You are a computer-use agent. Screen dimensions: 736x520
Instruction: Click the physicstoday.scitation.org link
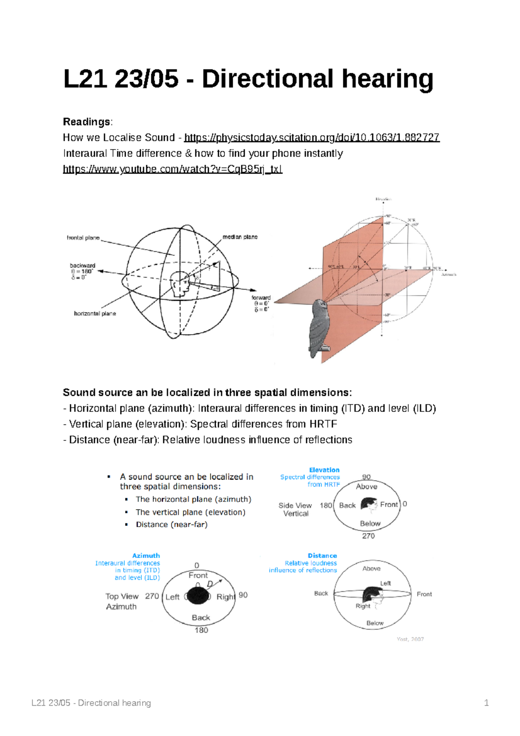coord(312,138)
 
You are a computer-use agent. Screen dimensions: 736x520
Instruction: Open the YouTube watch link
coord(172,169)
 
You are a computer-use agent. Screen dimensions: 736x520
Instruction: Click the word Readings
coord(87,122)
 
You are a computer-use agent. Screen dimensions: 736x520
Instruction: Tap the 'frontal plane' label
coord(83,238)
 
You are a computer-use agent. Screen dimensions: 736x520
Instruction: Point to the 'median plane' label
coord(240,237)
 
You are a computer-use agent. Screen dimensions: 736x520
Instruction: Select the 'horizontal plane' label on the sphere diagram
coord(95,313)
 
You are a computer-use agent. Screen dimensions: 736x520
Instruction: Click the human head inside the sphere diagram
coord(180,284)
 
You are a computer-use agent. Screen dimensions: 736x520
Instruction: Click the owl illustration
coord(320,327)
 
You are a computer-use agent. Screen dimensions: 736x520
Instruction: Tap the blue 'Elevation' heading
coord(324,470)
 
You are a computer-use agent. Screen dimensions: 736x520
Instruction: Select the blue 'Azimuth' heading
coord(146,556)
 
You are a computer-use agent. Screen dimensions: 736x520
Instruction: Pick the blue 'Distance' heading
coord(322,556)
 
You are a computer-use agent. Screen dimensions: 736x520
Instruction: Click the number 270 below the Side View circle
coord(368,536)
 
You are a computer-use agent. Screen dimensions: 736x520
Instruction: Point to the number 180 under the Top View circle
coord(201,630)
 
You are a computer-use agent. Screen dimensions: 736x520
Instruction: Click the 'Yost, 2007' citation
coord(410,639)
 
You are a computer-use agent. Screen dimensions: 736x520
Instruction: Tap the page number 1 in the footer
coord(486,703)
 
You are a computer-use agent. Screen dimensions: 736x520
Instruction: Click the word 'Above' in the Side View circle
coord(367,487)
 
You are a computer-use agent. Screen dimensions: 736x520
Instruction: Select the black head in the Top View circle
coord(198,596)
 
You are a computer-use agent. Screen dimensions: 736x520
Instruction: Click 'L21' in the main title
coord(85,79)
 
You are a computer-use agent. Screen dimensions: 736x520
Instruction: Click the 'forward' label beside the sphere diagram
coord(261,298)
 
